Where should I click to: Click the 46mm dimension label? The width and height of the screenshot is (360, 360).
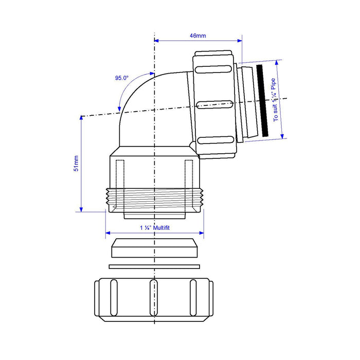pos(197,35)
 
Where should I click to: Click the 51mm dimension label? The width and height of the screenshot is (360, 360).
pos(76,163)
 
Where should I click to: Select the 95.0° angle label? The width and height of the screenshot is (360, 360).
pos(122,78)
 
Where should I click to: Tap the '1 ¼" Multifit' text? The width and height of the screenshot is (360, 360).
pos(155,228)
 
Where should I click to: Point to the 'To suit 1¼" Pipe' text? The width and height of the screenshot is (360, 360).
pos(275,100)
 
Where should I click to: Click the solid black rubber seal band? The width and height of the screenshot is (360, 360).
pos(262,101)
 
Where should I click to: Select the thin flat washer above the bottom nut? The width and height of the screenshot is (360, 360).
pos(154,266)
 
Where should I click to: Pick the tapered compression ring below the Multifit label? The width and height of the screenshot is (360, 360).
pos(154,248)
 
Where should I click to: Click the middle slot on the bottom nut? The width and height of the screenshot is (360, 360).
pos(154,298)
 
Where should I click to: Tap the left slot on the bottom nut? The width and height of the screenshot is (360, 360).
pos(114,298)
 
